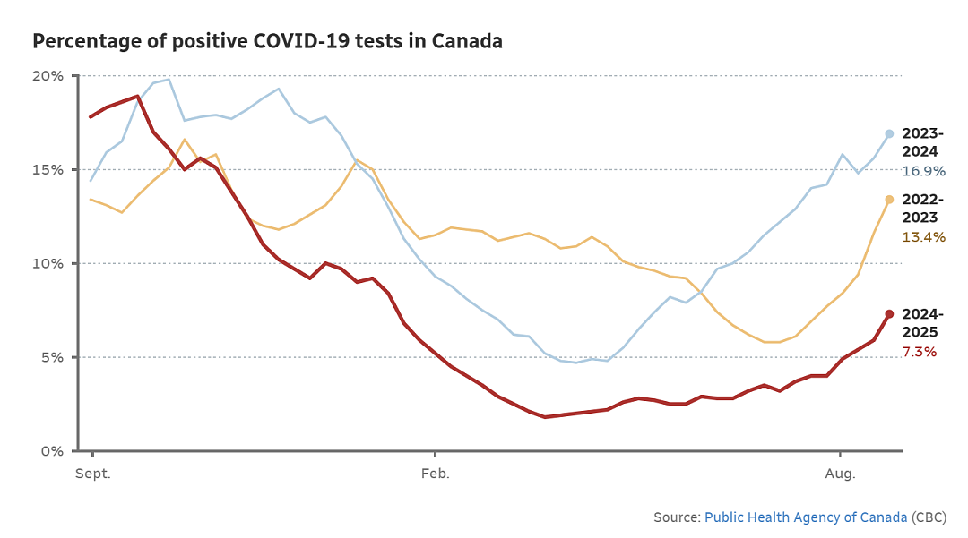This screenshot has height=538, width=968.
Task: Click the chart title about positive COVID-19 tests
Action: click(x=267, y=41)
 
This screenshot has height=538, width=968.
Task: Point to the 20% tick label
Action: click(x=48, y=76)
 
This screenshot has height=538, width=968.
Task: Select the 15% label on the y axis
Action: click(x=48, y=169)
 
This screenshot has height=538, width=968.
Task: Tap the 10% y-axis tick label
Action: click(x=48, y=264)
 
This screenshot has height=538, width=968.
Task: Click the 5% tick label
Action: click(x=52, y=357)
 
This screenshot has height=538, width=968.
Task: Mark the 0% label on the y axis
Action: click(x=52, y=451)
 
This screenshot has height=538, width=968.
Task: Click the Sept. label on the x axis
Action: click(x=92, y=474)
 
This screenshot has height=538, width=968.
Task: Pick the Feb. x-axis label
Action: click(x=436, y=474)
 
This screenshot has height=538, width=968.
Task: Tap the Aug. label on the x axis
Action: click(x=840, y=474)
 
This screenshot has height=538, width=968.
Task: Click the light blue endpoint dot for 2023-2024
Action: click(x=890, y=133)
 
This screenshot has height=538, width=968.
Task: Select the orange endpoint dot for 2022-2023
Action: click(x=890, y=200)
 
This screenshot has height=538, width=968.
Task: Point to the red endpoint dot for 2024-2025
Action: click(x=890, y=314)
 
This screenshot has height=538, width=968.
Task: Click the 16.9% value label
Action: click(x=923, y=171)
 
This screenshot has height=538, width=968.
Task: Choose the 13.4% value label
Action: click(x=923, y=237)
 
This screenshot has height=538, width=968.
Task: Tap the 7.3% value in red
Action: click(x=920, y=352)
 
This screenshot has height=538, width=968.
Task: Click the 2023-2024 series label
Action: click(x=922, y=142)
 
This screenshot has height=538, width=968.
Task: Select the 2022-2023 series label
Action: click(x=922, y=209)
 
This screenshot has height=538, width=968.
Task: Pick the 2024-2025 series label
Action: click(x=922, y=323)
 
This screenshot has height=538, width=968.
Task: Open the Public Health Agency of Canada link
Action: click(x=806, y=517)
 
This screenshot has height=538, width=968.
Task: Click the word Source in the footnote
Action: click(x=676, y=517)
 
